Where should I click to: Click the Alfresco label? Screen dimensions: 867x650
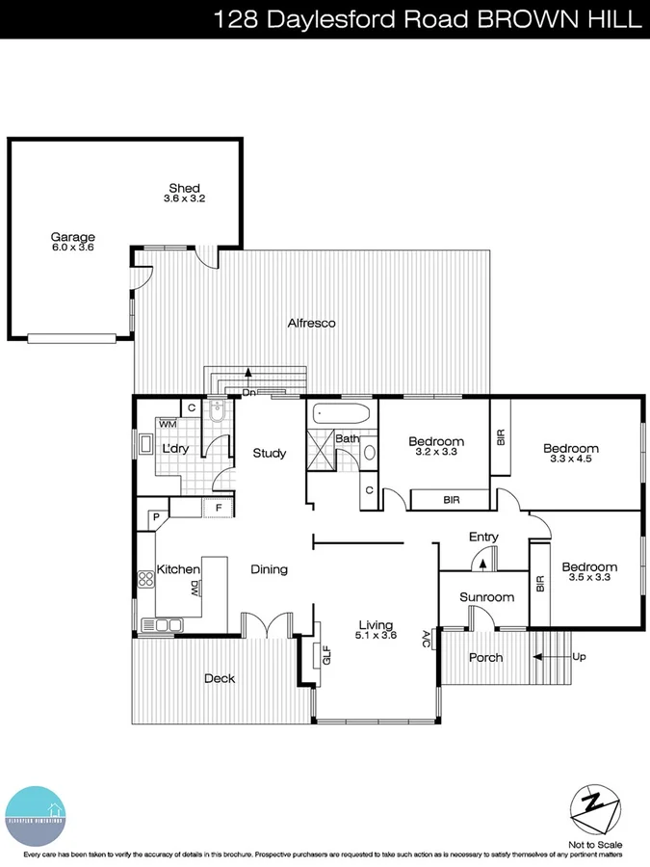311,324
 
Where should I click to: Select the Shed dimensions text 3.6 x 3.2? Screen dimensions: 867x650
184,198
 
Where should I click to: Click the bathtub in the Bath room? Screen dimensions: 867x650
341,415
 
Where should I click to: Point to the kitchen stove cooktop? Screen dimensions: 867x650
148,579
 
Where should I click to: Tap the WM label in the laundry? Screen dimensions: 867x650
168,424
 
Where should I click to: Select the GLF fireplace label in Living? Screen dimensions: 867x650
325,654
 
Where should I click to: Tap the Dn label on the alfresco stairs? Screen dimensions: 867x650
248,393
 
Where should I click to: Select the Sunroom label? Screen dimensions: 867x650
486,597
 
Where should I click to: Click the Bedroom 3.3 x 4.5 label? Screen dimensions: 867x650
570,454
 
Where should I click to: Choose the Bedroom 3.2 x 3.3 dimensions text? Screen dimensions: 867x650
434,452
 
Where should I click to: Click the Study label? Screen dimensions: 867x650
270,453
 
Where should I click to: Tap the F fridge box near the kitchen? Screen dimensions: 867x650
219,507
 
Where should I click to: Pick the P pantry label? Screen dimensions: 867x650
153,517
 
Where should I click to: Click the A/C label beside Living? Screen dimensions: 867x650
427,637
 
